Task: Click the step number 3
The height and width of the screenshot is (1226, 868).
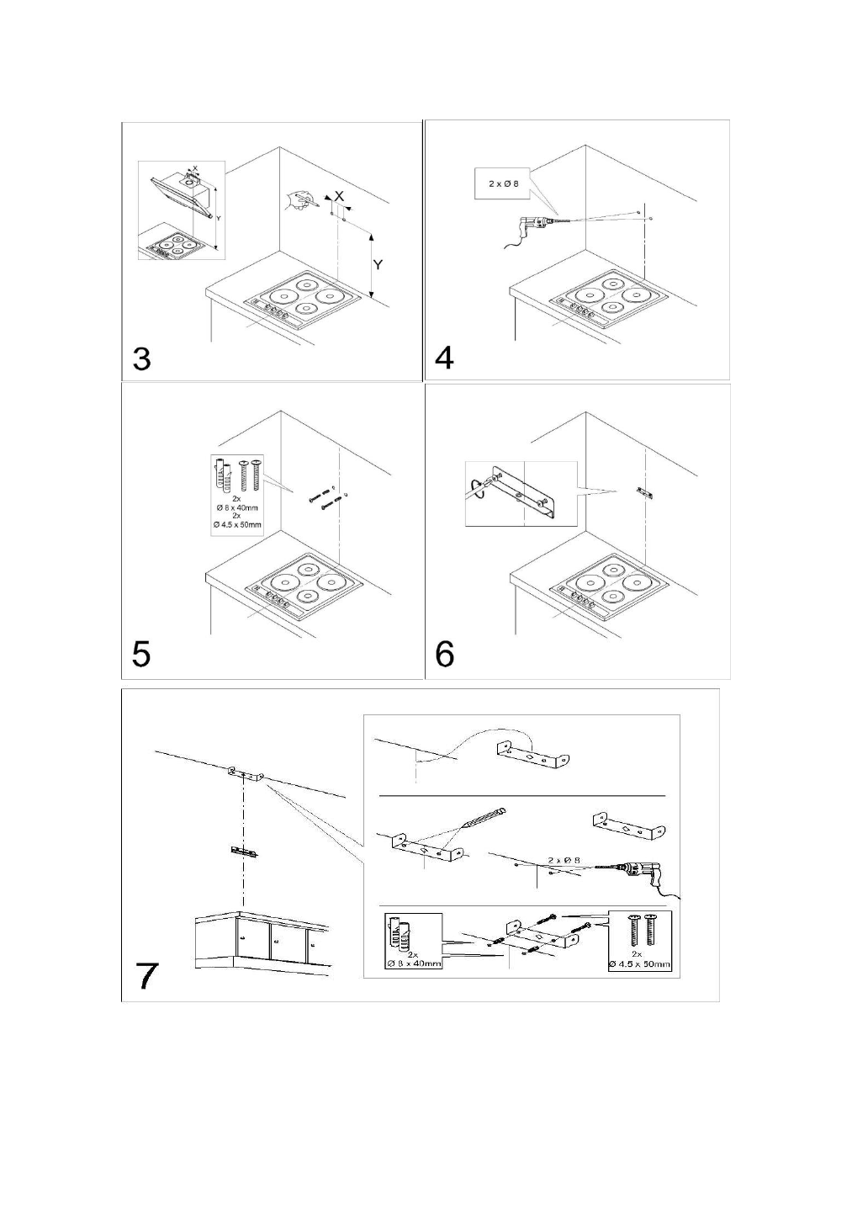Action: tap(142, 358)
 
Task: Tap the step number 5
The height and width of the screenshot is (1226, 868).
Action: tap(141, 653)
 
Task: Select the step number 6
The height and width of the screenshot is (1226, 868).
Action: tap(445, 653)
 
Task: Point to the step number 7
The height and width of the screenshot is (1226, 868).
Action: tap(148, 975)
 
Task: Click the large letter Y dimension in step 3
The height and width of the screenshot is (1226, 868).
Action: tap(378, 264)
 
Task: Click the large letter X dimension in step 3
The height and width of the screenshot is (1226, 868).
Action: tap(338, 195)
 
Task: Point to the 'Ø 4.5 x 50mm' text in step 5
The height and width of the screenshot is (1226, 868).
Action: tap(236, 524)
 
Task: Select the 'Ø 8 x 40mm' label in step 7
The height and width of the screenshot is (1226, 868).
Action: tap(413, 963)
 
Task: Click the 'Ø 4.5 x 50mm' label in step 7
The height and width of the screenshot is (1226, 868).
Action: tap(640, 963)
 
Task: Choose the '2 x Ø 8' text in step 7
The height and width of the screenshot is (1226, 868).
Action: tap(564, 859)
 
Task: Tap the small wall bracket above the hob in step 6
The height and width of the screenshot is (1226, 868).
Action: tap(645, 491)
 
